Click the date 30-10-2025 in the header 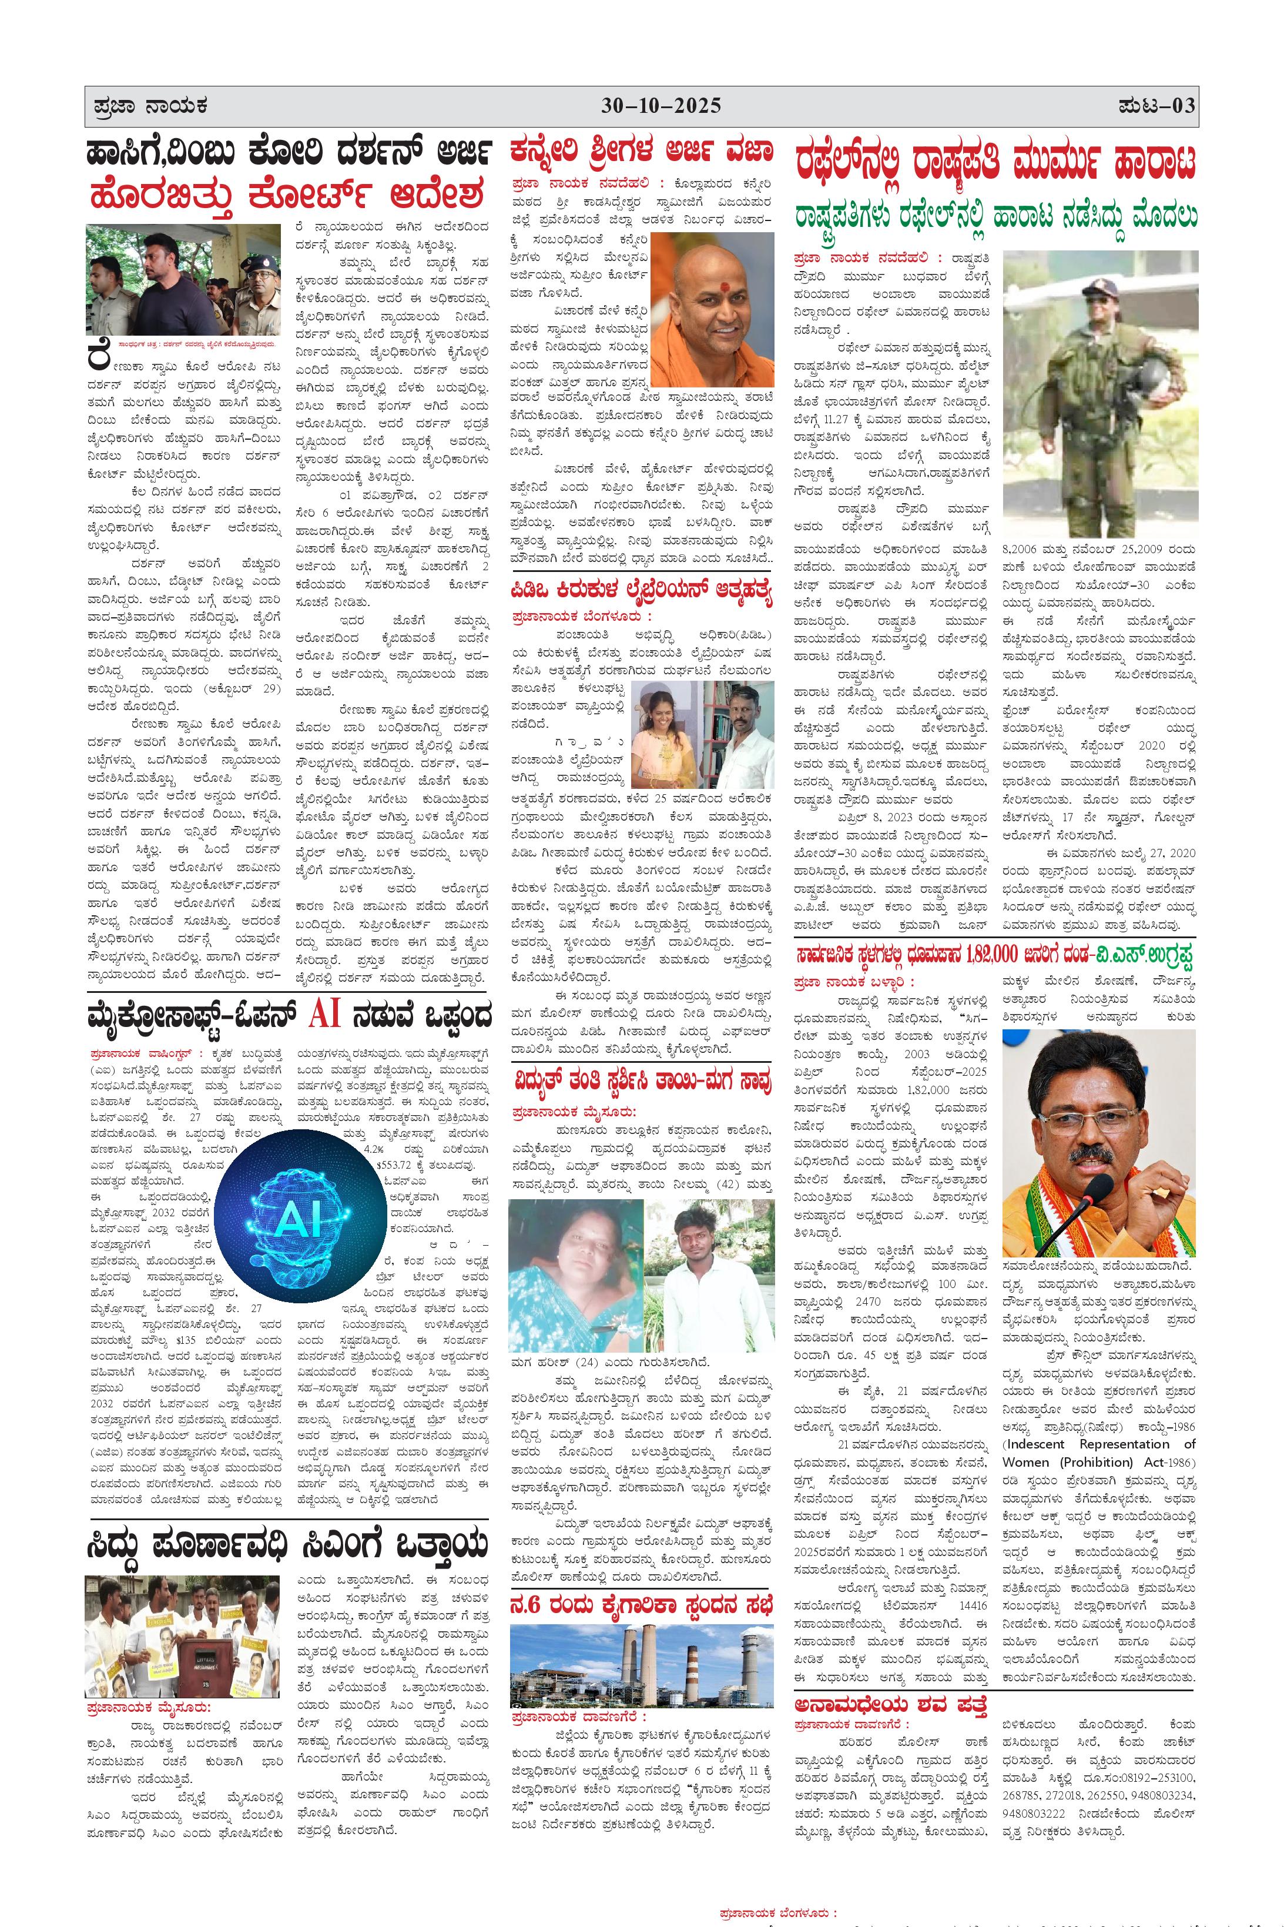click(x=662, y=106)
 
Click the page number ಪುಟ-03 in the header click(x=1155, y=106)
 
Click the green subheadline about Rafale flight click(x=995, y=217)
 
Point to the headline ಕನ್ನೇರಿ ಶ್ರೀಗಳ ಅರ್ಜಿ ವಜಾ click(x=641, y=152)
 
